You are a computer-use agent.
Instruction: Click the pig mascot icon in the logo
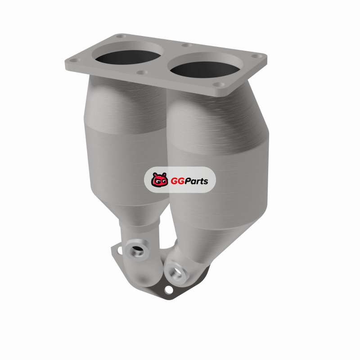click(x=159, y=179)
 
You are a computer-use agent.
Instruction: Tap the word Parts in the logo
click(x=196, y=181)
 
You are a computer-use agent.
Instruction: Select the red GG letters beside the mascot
click(x=177, y=181)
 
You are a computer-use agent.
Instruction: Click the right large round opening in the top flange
click(x=204, y=69)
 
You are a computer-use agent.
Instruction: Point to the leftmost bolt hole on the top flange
click(x=75, y=60)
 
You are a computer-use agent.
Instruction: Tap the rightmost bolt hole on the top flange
click(x=256, y=56)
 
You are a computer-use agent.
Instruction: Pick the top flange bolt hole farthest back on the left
click(x=121, y=36)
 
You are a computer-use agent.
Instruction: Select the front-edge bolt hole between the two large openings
click(x=142, y=72)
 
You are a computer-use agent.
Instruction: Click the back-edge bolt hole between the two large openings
click(x=187, y=45)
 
